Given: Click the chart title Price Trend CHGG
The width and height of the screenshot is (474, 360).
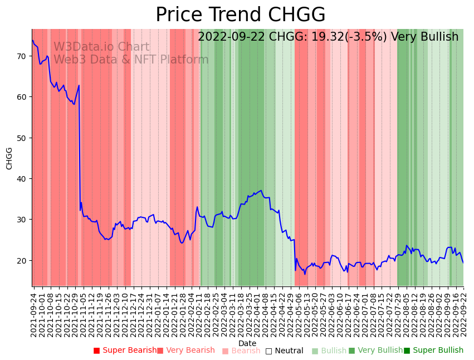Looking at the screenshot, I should (x=240, y=15).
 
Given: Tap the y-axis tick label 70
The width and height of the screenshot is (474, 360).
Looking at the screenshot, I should (x=22, y=56).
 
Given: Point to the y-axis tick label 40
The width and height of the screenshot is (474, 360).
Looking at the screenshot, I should (x=22, y=179).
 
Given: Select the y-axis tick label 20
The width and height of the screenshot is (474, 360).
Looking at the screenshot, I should (x=22, y=260).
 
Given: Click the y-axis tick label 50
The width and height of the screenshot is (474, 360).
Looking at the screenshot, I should (x=22, y=138).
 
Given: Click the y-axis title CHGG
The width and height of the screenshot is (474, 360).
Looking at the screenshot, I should (x=9, y=158).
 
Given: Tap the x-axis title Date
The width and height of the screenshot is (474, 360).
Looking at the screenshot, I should (x=247, y=343).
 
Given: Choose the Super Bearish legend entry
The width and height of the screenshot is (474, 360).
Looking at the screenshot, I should (x=125, y=351).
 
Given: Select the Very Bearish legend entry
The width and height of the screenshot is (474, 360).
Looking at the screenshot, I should (x=186, y=351).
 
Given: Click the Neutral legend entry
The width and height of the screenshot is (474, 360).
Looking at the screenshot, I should (x=285, y=351).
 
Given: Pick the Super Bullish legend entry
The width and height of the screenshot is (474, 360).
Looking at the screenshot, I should (x=434, y=351).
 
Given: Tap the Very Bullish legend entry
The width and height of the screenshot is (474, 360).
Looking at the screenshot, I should (x=376, y=351).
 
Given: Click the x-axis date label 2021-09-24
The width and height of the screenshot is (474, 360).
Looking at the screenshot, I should (x=33, y=314).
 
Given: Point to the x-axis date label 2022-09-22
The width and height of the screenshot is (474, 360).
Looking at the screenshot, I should (x=463, y=314).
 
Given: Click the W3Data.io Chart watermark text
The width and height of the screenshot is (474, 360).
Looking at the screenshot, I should (x=101, y=47).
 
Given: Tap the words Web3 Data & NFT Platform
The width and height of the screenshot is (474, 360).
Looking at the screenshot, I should (x=131, y=60).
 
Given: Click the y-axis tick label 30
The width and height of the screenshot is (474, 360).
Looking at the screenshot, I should (x=22, y=220).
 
